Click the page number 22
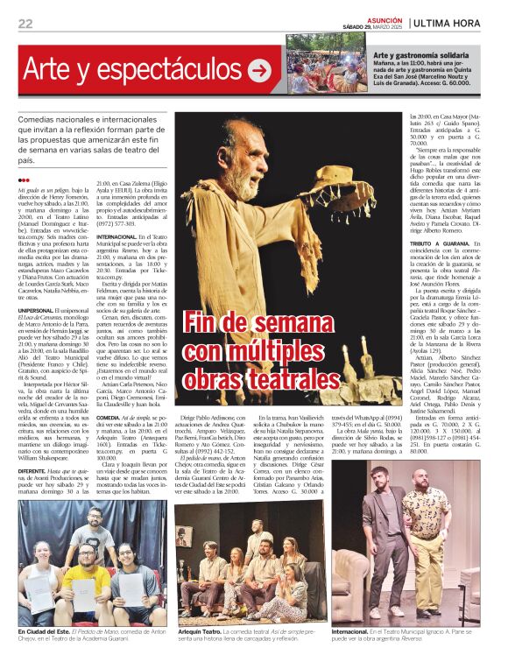(25, 23)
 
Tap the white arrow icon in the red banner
(260, 71)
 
